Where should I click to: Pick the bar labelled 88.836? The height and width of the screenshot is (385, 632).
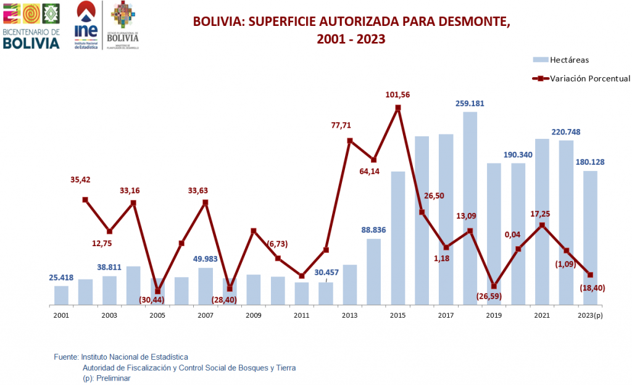(x=373, y=271)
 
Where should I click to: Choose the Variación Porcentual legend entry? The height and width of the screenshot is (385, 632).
(x=580, y=78)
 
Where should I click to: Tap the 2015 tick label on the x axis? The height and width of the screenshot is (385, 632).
(x=397, y=315)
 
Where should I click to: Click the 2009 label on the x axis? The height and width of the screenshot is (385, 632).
(x=253, y=315)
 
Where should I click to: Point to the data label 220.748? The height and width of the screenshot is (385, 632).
(x=566, y=132)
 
